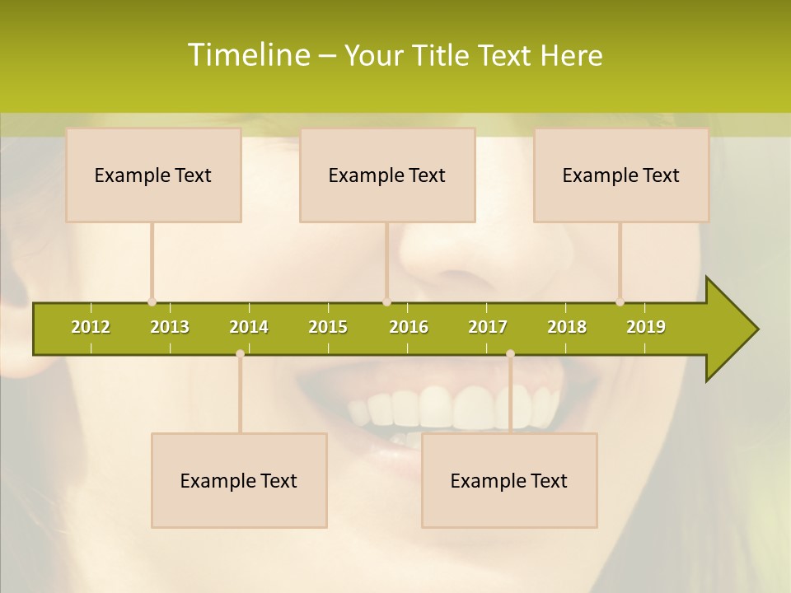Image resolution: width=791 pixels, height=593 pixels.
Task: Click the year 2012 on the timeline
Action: (91, 327)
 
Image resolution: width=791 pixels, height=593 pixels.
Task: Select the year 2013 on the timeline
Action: (170, 327)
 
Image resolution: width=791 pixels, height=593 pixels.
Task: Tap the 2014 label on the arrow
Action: (249, 327)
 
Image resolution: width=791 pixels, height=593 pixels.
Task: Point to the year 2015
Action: (328, 327)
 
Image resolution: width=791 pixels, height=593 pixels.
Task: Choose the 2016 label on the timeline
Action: (409, 327)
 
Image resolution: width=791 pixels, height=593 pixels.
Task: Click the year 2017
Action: (488, 327)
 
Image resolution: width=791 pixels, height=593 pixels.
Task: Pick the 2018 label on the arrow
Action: (567, 327)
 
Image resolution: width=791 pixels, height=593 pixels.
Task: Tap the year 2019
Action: (646, 327)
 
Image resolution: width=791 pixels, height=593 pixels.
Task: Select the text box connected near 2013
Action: (153, 175)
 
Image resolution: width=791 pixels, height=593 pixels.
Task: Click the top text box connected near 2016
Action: (387, 175)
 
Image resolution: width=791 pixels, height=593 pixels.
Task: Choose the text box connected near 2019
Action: (621, 175)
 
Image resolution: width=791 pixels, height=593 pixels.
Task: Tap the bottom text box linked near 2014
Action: (239, 480)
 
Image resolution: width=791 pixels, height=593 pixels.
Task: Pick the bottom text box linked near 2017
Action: (509, 480)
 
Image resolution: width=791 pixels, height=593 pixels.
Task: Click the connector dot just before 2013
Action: (152, 302)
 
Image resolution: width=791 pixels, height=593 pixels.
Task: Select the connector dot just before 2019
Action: (620, 302)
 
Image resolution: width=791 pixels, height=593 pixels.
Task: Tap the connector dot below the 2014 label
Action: (240, 353)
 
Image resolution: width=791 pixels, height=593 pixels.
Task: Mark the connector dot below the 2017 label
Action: (510, 353)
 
